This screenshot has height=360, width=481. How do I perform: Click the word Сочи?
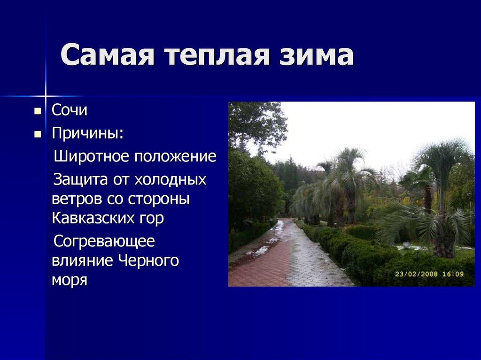[x=70, y=111]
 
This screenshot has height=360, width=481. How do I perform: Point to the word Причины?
[x=88, y=133]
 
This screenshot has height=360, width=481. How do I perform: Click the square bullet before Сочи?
[x=38, y=112]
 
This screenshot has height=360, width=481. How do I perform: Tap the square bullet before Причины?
[x=38, y=134]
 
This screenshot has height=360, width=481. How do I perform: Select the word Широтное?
[x=92, y=156]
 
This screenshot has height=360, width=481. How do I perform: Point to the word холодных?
[x=170, y=180]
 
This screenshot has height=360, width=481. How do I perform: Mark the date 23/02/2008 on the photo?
[x=415, y=274]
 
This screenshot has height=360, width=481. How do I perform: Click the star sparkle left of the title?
[x=46, y=96]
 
